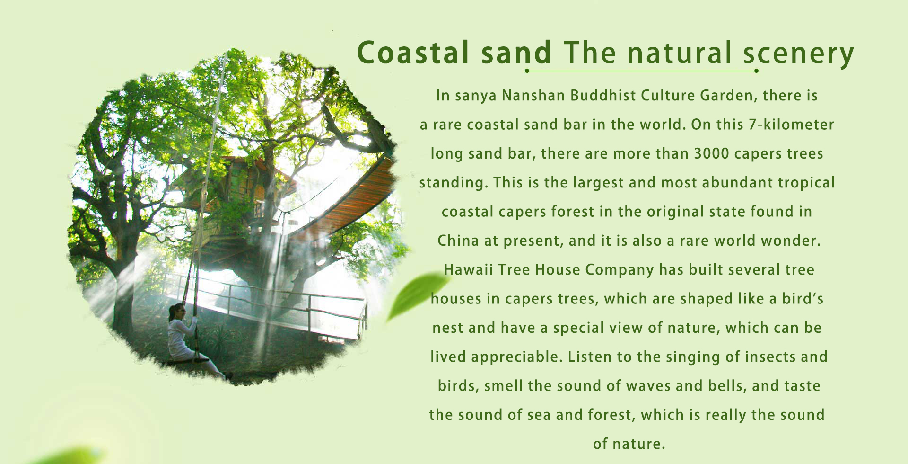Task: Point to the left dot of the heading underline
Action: pyautogui.click(x=527, y=71)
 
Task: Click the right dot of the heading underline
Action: pyautogui.click(x=756, y=71)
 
